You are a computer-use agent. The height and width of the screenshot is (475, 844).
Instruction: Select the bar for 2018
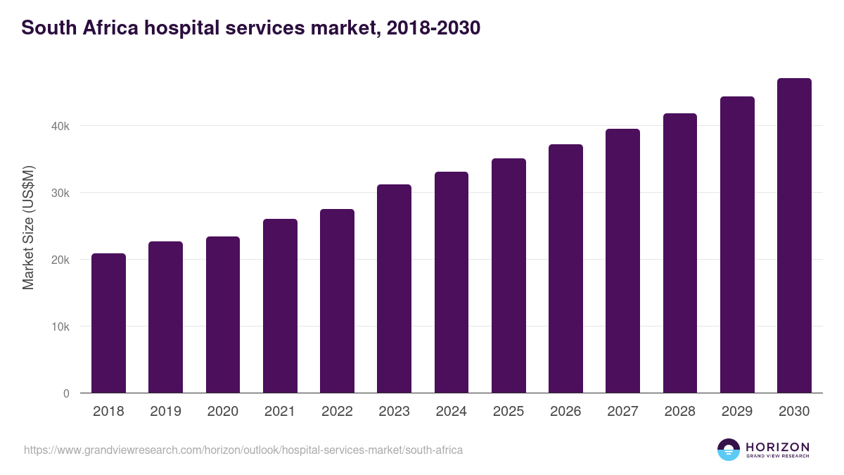tap(108, 323)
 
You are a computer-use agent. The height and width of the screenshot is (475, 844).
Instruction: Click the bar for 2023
tap(394, 289)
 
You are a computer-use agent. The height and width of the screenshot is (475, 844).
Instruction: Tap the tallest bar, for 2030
tap(794, 236)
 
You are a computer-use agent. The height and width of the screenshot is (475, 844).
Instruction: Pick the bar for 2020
tap(223, 315)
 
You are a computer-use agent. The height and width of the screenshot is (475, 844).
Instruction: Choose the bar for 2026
tap(565, 269)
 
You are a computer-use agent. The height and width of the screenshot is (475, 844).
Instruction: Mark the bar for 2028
tap(680, 253)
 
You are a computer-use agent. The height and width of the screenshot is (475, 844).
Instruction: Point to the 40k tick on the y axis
tap(60, 127)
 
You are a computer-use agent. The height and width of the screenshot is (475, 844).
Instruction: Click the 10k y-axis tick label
tap(60, 327)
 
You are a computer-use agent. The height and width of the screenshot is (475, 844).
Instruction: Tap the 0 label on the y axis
tap(66, 393)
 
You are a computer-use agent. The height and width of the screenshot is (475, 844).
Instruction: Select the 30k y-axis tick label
tap(60, 194)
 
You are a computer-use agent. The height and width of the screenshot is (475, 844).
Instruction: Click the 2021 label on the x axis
tap(280, 412)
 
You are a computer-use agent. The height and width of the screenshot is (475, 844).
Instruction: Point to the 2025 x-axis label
tap(509, 412)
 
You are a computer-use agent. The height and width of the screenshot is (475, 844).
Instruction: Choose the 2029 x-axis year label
tap(737, 412)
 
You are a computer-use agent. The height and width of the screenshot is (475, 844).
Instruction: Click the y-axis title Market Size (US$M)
tap(28, 227)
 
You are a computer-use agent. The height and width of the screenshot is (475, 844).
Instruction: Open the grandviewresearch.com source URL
tap(243, 450)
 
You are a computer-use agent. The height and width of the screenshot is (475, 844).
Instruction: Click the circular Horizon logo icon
tap(729, 450)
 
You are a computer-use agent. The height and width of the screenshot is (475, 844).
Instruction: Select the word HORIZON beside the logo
tap(777, 446)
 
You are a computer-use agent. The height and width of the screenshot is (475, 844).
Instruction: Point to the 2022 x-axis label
tap(337, 412)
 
